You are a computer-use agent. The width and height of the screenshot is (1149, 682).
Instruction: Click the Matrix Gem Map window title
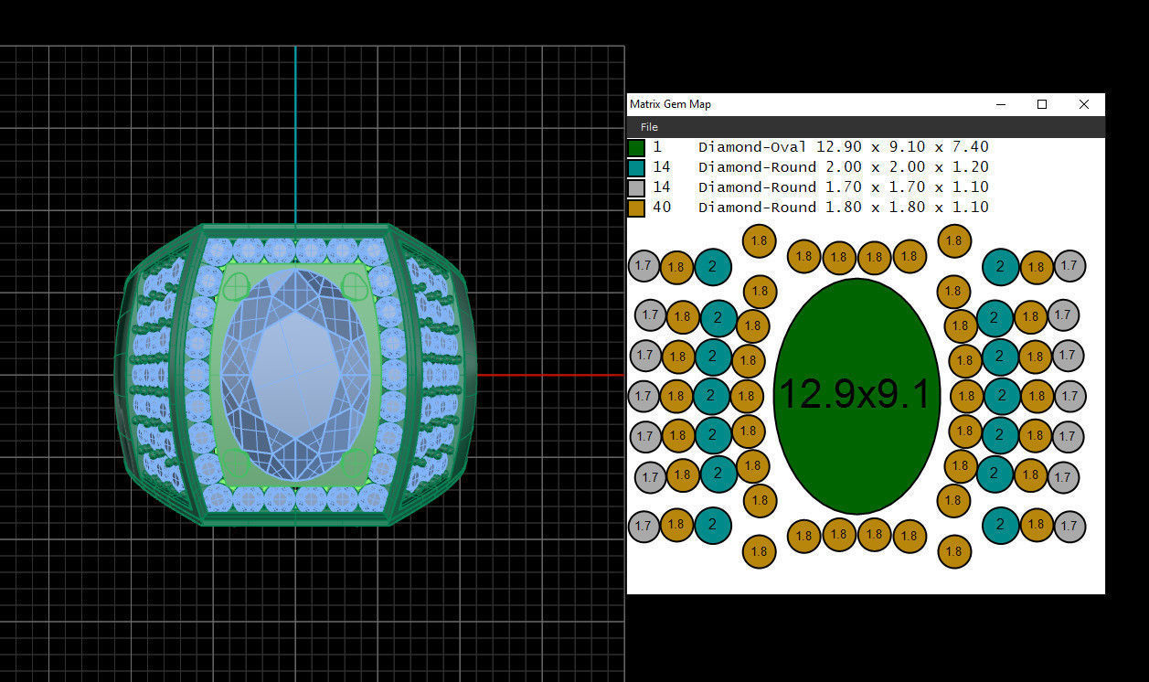(x=670, y=104)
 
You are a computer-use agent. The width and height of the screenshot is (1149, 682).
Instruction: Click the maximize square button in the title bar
(x=1041, y=104)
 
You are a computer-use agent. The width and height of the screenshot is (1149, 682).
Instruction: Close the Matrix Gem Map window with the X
(x=1083, y=104)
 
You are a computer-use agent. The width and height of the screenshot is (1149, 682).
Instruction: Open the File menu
(x=649, y=127)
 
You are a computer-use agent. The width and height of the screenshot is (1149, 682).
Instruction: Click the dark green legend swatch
(x=636, y=147)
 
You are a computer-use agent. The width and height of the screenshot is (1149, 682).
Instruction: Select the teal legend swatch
(x=636, y=167)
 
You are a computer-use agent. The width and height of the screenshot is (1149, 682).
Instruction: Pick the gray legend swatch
(x=636, y=187)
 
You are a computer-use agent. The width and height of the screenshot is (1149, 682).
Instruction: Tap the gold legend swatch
(x=636, y=208)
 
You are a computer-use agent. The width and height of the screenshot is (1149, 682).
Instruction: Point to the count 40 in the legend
(x=661, y=208)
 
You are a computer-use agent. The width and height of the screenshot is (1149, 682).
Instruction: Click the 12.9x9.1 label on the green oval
(x=855, y=396)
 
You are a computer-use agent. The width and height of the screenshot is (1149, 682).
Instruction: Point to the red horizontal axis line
(x=548, y=375)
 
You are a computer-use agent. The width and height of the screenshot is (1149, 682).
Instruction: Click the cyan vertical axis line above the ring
(x=295, y=137)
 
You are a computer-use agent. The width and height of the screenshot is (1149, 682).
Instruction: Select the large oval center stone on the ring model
(x=295, y=375)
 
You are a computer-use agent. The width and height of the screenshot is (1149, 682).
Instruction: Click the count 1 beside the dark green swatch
(x=657, y=147)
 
